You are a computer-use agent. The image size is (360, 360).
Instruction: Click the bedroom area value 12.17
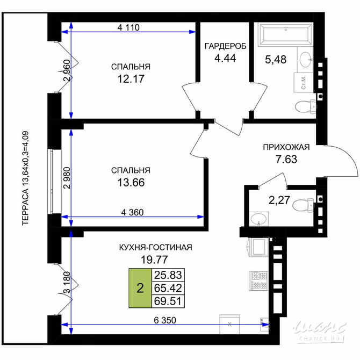tap(131, 78)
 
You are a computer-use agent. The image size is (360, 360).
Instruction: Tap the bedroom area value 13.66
tap(131, 182)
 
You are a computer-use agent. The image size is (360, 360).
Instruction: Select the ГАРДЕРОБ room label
tap(225, 46)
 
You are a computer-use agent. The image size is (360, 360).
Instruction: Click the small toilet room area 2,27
tap(278, 201)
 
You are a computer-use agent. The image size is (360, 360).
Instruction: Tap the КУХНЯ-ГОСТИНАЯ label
tap(156, 247)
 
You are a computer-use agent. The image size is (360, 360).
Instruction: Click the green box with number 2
tap(140, 289)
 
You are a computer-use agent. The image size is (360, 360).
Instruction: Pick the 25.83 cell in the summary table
tap(168, 275)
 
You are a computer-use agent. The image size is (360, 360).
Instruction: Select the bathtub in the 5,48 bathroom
tap(284, 34)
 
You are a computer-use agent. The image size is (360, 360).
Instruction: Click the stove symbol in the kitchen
tap(258, 278)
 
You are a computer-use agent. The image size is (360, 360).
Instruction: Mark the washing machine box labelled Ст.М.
tap(303, 83)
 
